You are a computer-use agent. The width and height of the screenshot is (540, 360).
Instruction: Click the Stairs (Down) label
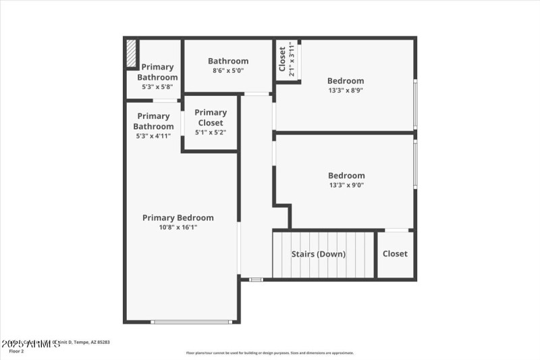tap(318, 254)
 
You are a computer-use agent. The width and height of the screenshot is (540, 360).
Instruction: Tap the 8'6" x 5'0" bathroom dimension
tap(228, 70)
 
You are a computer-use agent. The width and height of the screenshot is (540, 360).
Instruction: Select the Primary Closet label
tap(211, 118)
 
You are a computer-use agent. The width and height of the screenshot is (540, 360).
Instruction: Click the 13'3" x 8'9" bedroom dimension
tap(346, 91)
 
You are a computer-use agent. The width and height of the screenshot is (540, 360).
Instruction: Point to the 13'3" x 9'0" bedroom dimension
tap(346, 185)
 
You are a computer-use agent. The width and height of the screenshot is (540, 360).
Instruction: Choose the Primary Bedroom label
tap(178, 217)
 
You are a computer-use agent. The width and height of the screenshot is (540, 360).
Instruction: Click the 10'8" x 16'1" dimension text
tap(178, 228)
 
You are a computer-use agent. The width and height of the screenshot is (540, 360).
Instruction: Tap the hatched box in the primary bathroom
tap(132, 54)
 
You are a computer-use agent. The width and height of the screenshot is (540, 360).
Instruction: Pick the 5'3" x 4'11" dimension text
tap(153, 136)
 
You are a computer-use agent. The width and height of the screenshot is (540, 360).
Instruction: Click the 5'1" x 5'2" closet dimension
tap(211, 132)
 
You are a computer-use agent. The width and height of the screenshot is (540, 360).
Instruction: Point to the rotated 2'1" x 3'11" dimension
tap(292, 60)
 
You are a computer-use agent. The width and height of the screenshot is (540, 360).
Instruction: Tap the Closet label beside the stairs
tap(395, 254)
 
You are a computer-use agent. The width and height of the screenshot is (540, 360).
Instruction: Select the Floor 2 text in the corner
tap(16, 351)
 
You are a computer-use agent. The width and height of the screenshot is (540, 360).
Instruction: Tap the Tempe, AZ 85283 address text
tap(92, 342)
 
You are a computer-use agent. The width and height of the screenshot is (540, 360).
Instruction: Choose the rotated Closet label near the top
tap(282, 59)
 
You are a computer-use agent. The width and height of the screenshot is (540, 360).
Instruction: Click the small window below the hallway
tap(256, 280)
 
